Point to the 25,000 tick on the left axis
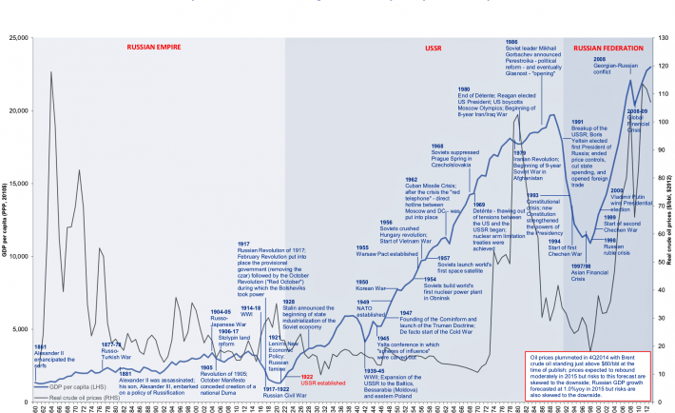click(x=19, y=38)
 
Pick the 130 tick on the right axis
click(x=664, y=38)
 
